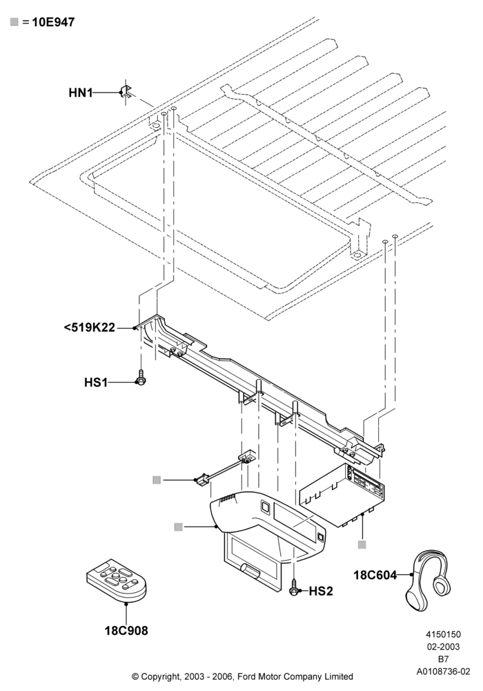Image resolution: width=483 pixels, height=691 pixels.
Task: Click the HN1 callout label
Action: click(81, 93)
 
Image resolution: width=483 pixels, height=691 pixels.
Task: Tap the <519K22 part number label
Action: click(90, 328)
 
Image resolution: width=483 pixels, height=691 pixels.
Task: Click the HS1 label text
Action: click(96, 382)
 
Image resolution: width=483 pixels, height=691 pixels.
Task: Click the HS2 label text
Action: click(321, 591)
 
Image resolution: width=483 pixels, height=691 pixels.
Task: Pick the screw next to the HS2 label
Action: click(294, 587)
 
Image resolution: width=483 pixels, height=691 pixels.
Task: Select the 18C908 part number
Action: click(126, 631)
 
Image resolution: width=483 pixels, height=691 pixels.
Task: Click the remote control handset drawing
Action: click(117, 580)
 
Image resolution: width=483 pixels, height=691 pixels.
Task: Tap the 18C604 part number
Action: click(375, 575)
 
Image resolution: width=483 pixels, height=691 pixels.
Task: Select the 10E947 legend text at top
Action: click(53, 21)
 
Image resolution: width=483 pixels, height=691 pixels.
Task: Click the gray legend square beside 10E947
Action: click(14, 21)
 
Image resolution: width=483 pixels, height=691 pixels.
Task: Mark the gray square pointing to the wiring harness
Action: click(157, 480)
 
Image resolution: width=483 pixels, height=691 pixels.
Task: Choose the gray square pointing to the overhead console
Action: click(178, 527)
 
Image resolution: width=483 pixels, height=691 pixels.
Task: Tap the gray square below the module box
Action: click(362, 545)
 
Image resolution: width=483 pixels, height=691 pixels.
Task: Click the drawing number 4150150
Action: click(443, 634)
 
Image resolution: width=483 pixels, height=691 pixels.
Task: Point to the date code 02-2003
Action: click(444, 647)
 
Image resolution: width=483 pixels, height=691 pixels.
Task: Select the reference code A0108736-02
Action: click(444, 672)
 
